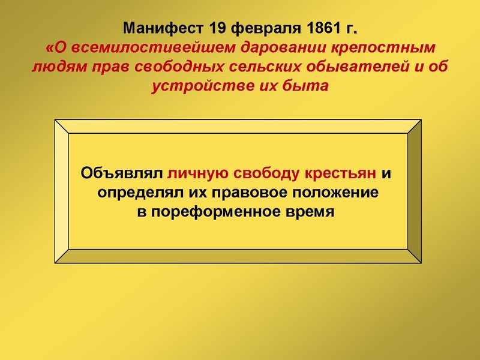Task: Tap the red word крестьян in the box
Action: point(342,174)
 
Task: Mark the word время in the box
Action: point(311,212)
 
